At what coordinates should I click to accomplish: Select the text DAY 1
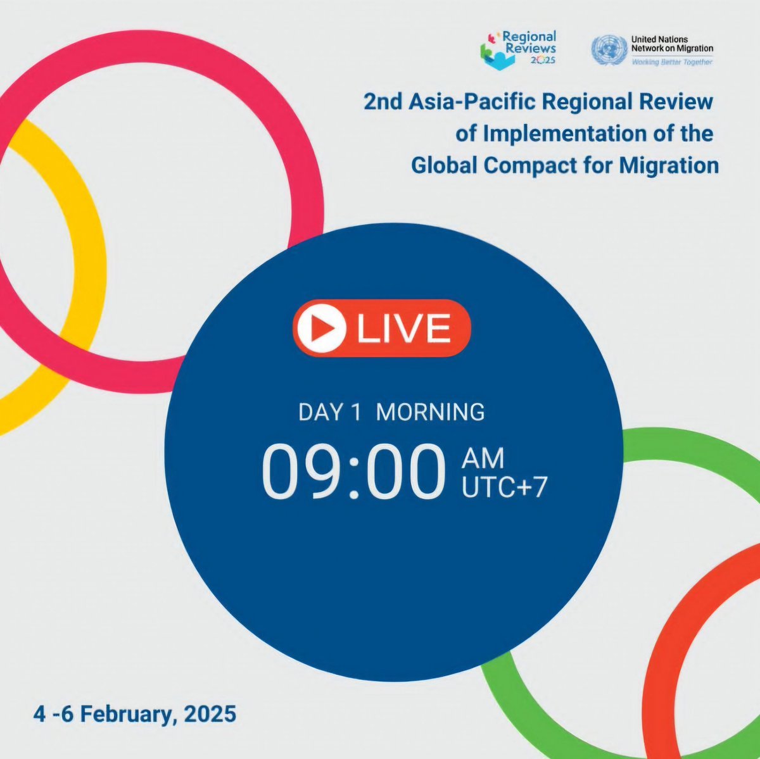point(329,412)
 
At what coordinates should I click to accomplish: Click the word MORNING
point(431,412)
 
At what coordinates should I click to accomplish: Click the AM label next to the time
point(483,457)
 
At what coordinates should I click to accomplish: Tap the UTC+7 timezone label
point(504,487)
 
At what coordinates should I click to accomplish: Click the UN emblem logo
point(607,51)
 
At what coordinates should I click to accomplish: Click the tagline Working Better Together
point(672,62)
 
